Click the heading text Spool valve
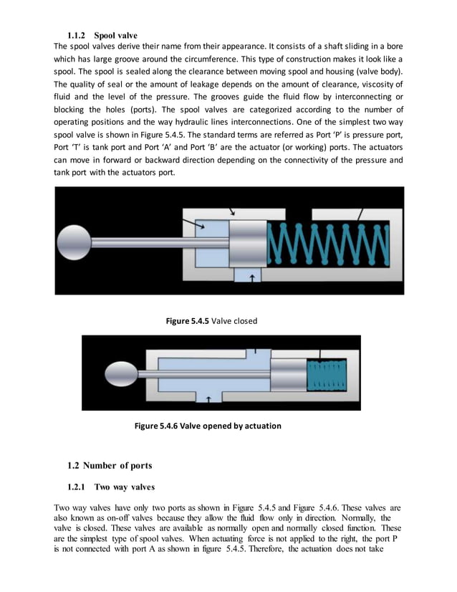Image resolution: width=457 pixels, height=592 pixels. click(x=115, y=35)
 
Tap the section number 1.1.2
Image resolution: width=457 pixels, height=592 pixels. click(x=77, y=35)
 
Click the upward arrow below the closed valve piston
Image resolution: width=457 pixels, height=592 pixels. click(x=251, y=277)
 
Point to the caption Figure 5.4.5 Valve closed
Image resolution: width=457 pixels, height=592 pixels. click(x=211, y=321)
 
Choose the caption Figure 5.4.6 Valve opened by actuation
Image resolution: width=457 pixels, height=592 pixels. click(x=208, y=426)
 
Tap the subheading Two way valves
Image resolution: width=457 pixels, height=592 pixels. click(x=124, y=487)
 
